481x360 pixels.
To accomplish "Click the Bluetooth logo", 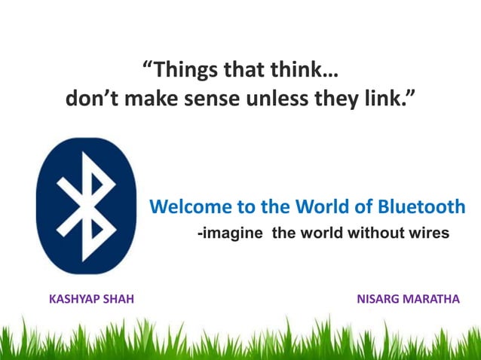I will [86, 206].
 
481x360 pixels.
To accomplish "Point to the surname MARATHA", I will [433, 300].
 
